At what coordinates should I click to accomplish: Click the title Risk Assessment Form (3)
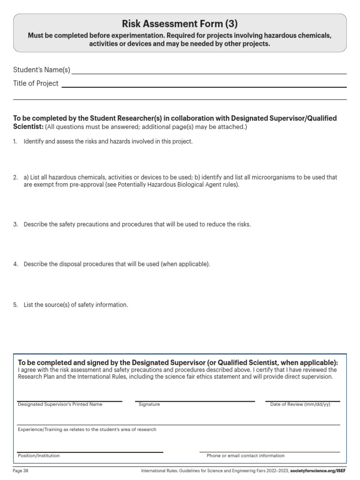click(x=180, y=23)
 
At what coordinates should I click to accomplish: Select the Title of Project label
click(x=36, y=83)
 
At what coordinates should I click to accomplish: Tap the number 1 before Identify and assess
click(x=15, y=142)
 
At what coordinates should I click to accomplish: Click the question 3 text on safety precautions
click(x=137, y=225)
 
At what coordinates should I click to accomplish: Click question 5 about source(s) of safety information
click(x=75, y=305)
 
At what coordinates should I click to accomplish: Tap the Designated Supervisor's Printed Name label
click(x=60, y=405)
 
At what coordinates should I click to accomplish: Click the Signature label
click(x=149, y=405)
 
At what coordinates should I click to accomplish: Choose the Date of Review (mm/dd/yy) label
click(x=300, y=405)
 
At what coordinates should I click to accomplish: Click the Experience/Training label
click(x=87, y=429)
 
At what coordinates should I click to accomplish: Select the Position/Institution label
click(x=38, y=456)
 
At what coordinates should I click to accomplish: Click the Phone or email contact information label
click(x=245, y=456)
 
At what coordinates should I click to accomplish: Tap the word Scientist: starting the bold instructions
click(x=28, y=127)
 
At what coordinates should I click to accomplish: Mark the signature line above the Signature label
click(x=195, y=401)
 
